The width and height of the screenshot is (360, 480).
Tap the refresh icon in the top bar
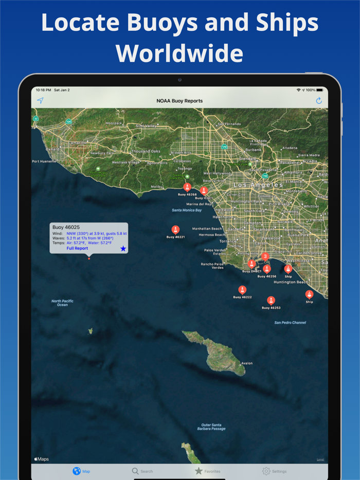[x=319, y=101]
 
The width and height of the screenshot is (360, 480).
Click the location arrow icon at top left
[x=40, y=101]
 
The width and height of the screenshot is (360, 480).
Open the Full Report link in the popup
[x=77, y=248]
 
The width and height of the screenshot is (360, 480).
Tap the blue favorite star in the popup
[x=123, y=249]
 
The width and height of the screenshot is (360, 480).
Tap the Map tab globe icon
[x=77, y=471]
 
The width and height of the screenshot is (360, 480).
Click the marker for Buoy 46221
[x=175, y=230]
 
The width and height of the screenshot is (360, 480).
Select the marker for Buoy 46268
[x=187, y=188]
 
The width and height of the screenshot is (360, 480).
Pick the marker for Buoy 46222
[x=242, y=290]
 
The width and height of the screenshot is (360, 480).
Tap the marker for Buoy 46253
[x=271, y=301]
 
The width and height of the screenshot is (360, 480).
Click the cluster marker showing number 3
[x=265, y=256]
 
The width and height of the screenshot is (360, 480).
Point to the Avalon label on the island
[x=247, y=363]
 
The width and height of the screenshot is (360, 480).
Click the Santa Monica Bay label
[x=187, y=210]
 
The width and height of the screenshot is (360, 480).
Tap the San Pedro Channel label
[x=290, y=323]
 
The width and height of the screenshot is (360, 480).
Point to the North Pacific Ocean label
[x=63, y=303]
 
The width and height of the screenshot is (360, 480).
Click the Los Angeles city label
[x=258, y=184]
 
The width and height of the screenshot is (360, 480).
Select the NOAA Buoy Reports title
[x=179, y=101]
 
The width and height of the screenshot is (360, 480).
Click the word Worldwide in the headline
[x=179, y=53]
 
